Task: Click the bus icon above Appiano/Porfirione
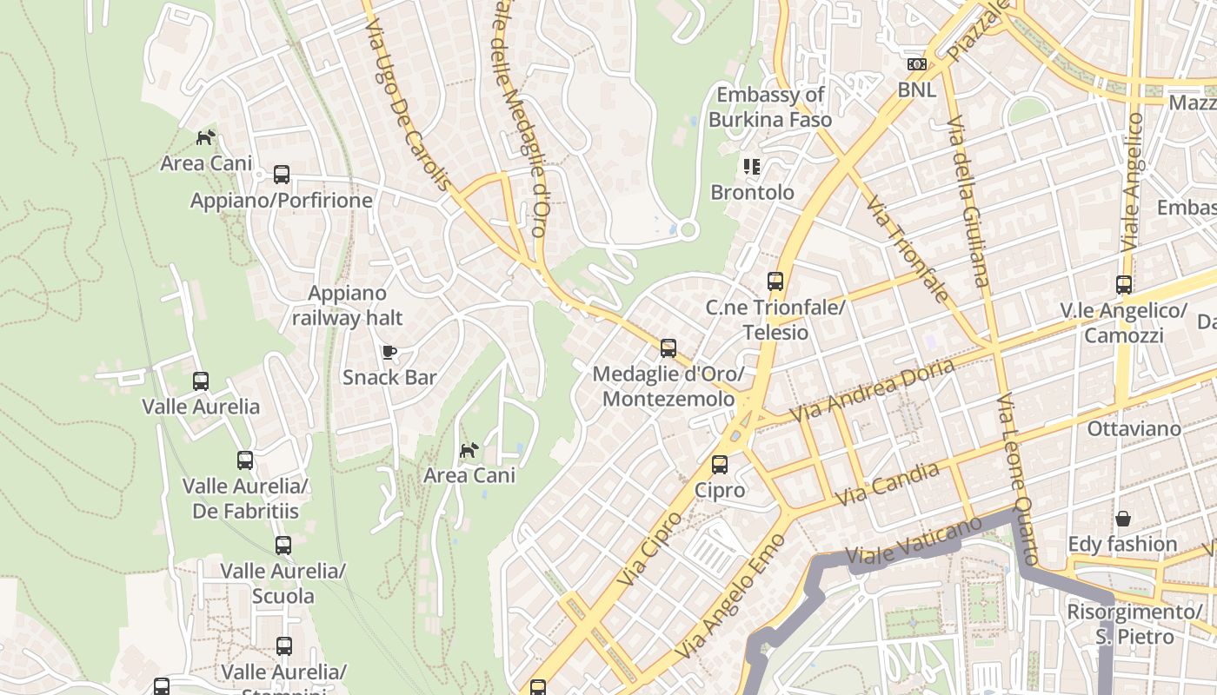[x=282, y=174]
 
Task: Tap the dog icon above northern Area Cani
[x=205, y=137]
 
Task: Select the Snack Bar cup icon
[x=389, y=352]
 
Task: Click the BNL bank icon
[x=916, y=63]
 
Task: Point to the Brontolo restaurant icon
[x=752, y=166]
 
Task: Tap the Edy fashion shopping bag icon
[x=1123, y=519]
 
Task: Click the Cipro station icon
[x=720, y=464]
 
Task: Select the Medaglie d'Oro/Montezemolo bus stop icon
[x=668, y=348]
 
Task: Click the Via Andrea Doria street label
[x=872, y=390]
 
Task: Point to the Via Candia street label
[x=887, y=485]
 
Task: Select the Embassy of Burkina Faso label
[x=770, y=107]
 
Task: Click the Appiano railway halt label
[x=347, y=306]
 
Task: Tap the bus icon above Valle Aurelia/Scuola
[x=283, y=546]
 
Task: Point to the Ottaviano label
[x=1134, y=428]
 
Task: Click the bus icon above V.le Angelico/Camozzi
[x=1123, y=284]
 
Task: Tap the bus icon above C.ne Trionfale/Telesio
[x=775, y=281]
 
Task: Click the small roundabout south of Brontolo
[x=688, y=230]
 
